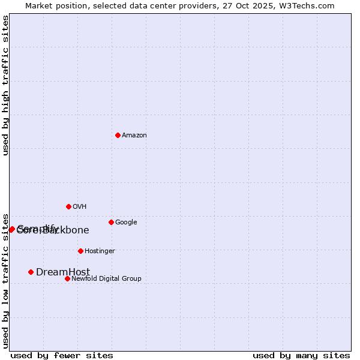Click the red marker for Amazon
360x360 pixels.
pos(118,135)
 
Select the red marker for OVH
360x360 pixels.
pos(68,206)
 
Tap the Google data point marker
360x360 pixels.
pos(111,222)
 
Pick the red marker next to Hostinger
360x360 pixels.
pos(80,251)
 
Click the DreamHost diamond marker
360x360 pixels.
pos(31,272)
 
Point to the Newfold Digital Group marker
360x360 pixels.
pos(67,278)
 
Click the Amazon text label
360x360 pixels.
pos(134,136)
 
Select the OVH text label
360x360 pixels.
pos(80,207)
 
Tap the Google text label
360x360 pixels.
pos(126,223)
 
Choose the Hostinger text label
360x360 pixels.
pos(100,251)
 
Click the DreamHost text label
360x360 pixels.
pos(63,272)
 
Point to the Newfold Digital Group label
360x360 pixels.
pos(106,279)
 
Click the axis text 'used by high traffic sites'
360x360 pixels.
pos(5,85)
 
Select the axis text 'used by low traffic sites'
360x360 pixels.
pos(5,280)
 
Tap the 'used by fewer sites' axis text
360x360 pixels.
pos(62,356)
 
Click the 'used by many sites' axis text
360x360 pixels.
pos(301,356)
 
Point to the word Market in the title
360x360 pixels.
pos(39,5)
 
